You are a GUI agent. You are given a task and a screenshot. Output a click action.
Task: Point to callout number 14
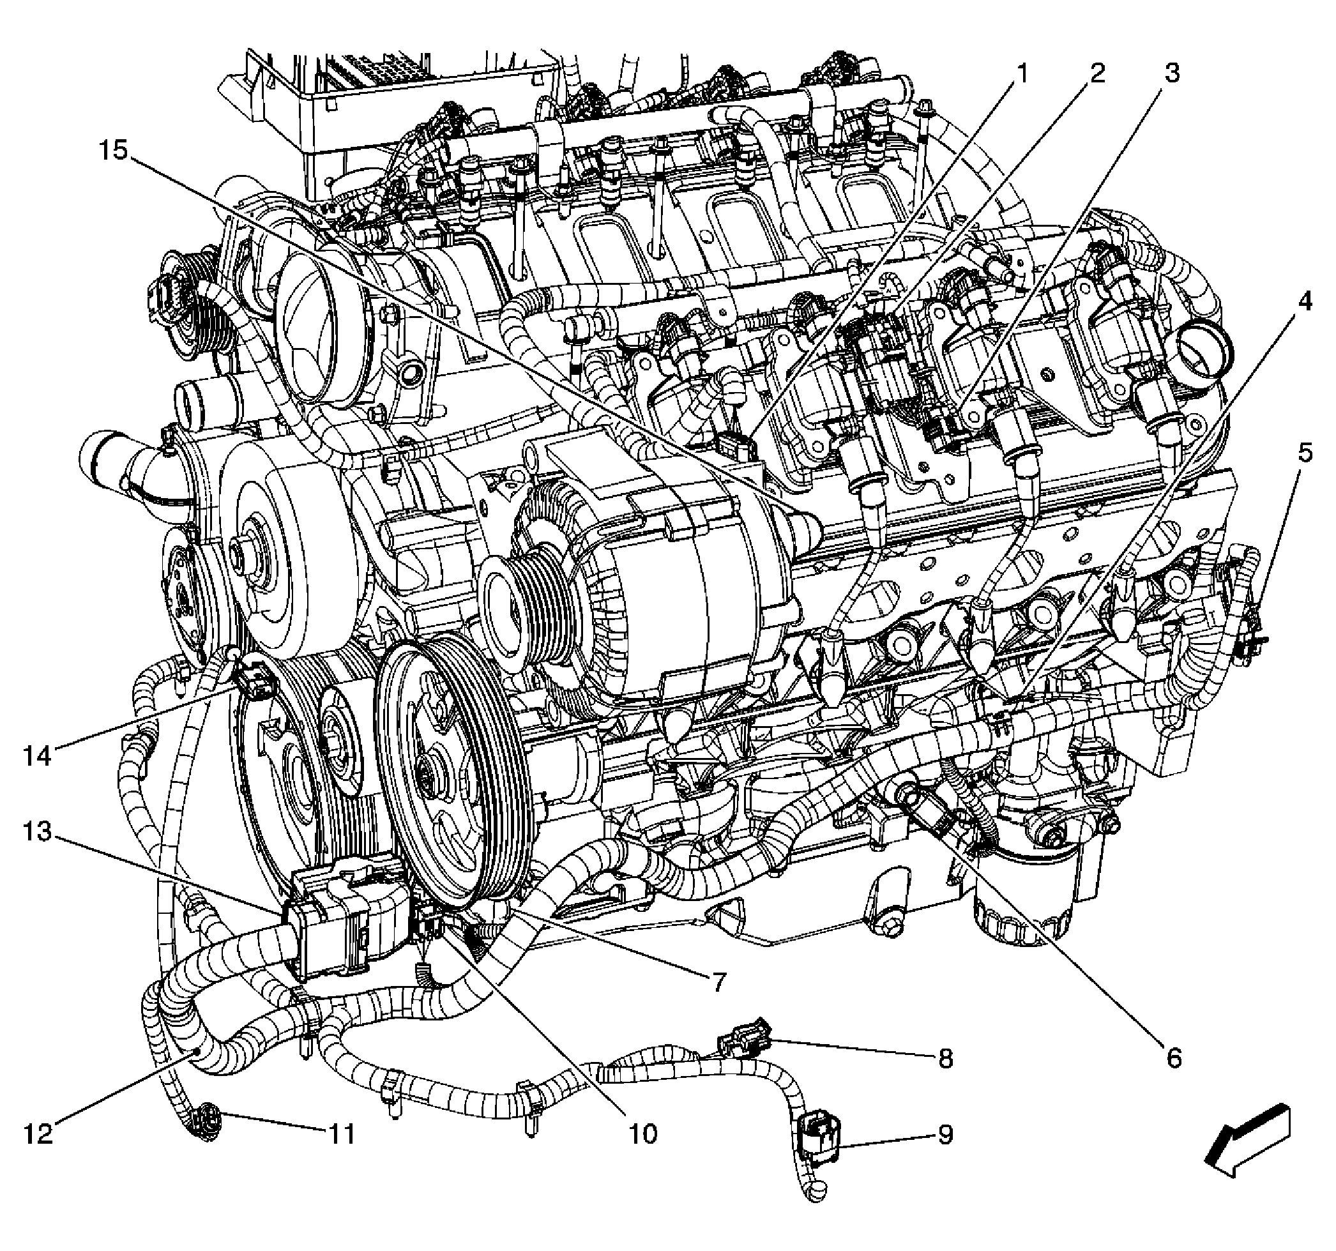[x=38, y=756]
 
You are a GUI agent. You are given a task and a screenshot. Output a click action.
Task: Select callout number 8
[x=945, y=1059]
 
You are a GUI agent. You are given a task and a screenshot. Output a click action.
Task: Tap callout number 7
[x=718, y=983]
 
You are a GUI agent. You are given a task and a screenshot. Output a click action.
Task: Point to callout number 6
[x=1173, y=1059]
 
